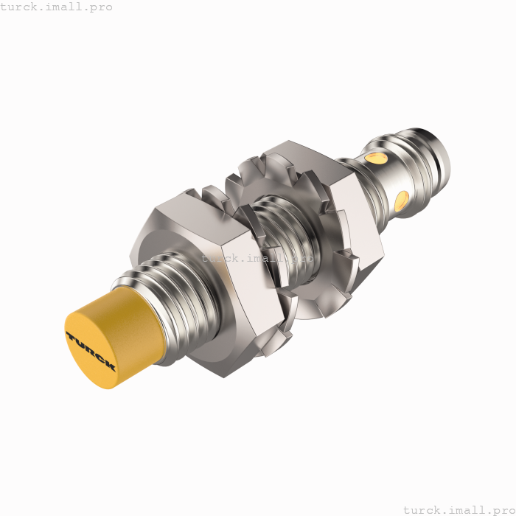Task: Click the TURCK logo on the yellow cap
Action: click(91, 351)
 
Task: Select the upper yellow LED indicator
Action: click(377, 158)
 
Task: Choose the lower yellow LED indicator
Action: click(402, 200)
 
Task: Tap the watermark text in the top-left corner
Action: click(57, 7)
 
